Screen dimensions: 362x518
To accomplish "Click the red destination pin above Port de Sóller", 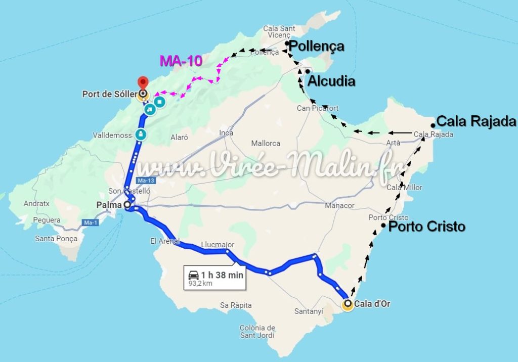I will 143,81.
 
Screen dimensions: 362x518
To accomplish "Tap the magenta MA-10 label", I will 181,61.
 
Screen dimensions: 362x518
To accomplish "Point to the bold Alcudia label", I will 331,81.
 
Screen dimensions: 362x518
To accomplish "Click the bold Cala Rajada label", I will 476,121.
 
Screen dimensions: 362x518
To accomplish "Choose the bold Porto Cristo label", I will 426,227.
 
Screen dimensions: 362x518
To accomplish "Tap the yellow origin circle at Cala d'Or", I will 348,304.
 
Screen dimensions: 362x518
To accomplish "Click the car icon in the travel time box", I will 194,275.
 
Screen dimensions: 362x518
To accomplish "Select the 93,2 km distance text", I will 200,283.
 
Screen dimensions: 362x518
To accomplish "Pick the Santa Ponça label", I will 56,239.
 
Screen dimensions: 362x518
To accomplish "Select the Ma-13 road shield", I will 146,180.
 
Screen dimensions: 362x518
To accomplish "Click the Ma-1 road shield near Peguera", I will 89,222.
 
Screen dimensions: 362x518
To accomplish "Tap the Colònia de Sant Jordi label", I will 257,331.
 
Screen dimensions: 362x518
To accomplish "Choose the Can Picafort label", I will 318,108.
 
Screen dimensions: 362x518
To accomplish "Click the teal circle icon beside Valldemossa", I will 140,134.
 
